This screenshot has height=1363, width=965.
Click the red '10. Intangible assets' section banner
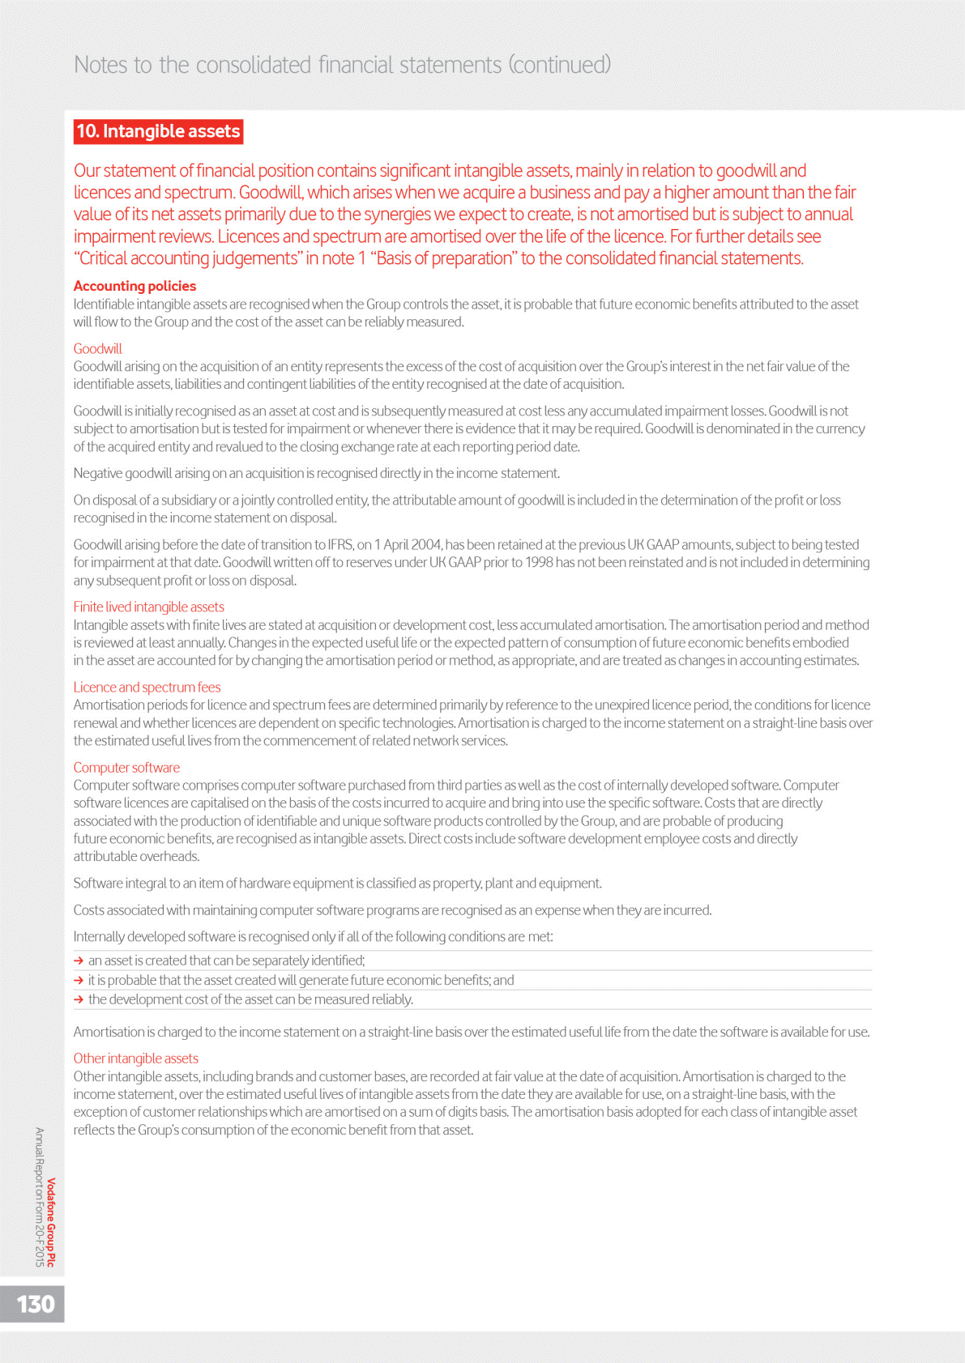(x=158, y=131)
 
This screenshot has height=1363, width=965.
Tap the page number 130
(x=36, y=1304)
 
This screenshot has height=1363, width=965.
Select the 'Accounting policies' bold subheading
(x=135, y=286)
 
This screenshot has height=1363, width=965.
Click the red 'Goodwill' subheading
(x=97, y=348)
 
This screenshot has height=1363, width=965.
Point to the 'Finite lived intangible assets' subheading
(x=148, y=607)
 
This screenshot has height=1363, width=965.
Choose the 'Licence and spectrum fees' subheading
(x=147, y=687)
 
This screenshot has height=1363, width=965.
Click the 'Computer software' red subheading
(x=126, y=767)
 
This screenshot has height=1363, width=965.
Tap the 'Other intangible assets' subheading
(x=135, y=1058)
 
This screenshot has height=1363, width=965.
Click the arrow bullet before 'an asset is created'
(x=79, y=960)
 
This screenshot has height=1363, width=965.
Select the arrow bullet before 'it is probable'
(x=79, y=980)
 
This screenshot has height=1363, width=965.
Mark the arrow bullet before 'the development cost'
(x=79, y=999)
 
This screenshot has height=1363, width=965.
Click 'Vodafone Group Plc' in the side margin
(x=51, y=1222)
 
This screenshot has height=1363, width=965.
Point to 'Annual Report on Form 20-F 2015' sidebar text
(x=40, y=1196)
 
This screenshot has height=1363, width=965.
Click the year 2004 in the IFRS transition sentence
(x=425, y=544)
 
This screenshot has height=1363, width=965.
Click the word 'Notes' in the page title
(x=100, y=65)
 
